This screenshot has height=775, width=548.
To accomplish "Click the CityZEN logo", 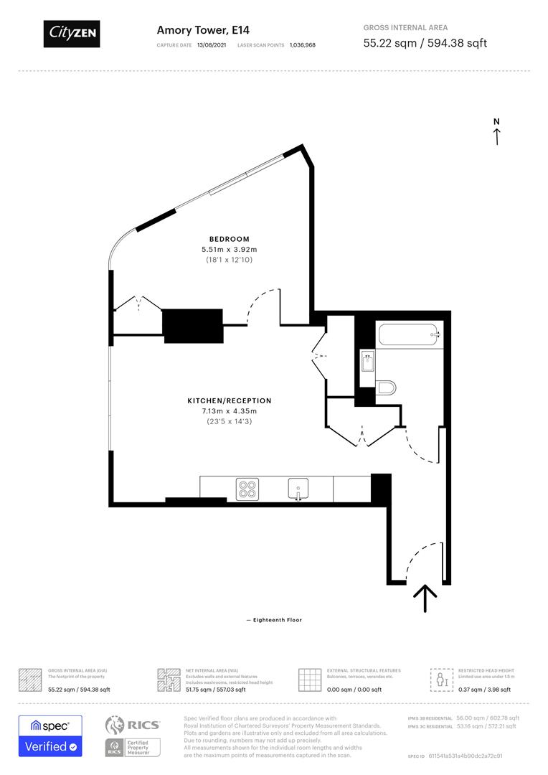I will click(72, 33).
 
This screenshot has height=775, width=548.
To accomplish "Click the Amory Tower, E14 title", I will click(194, 30).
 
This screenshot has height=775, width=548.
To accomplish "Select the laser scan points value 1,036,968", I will click(302, 44).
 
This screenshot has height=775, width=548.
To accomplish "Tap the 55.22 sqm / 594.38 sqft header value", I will click(425, 43).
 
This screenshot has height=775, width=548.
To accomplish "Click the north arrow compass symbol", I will click(496, 132).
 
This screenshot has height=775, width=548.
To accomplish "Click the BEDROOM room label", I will click(229, 239).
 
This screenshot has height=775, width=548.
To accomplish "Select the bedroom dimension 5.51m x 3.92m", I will click(229, 249).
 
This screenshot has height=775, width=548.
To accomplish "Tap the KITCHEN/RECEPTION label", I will click(229, 400).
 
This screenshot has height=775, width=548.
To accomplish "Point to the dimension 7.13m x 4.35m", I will click(229, 410).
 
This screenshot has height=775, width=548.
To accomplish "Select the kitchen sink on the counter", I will click(298, 489).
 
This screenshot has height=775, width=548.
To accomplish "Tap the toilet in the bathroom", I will click(386, 387).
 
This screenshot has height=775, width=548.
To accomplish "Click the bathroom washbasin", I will click(367, 362).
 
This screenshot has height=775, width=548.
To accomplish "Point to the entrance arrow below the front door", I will click(425, 598).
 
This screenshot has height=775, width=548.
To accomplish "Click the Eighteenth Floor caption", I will click(274, 620).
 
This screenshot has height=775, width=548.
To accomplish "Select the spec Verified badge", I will click(50, 736).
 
